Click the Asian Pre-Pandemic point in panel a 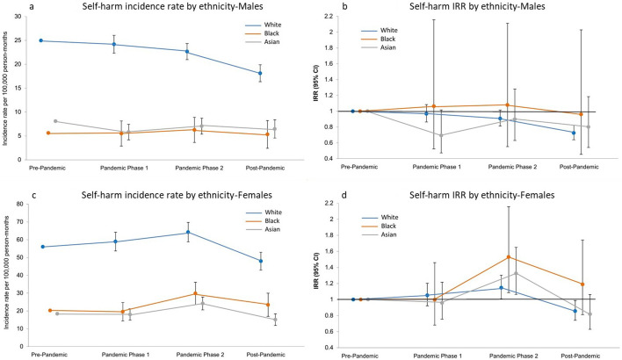click(x=55, y=121)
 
